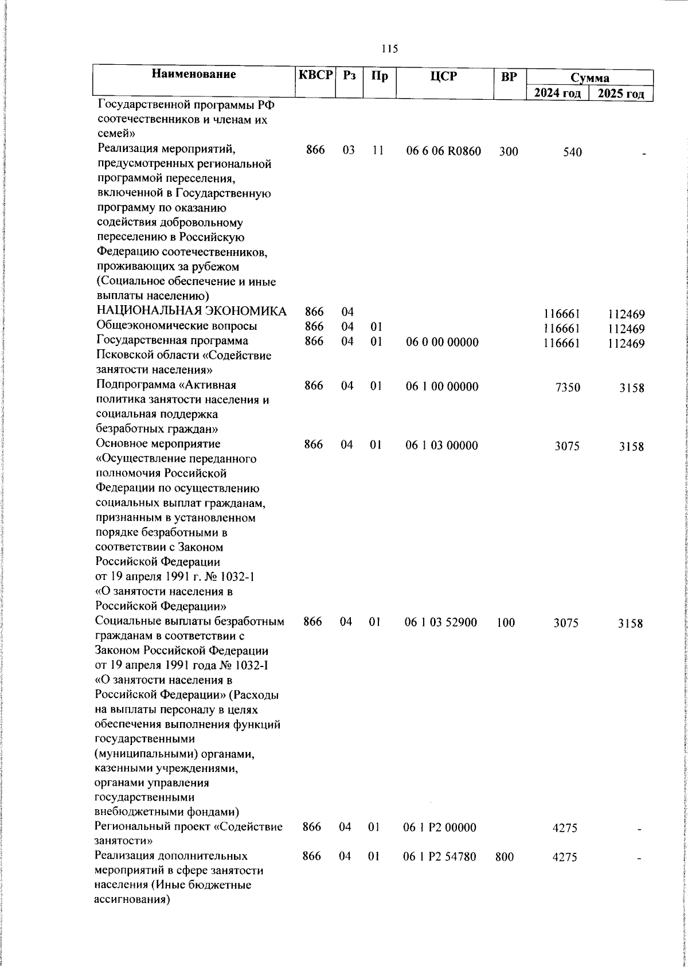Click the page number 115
[x=389, y=49]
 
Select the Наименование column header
[x=194, y=75]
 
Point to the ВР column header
[x=508, y=76]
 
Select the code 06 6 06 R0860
[x=443, y=151]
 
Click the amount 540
[x=572, y=152]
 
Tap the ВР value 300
[x=508, y=152]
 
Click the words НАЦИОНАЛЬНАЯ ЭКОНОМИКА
[x=191, y=311]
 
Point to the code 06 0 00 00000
[x=442, y=342]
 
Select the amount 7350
[x=568, y=388]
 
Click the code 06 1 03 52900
[x=441, y=622]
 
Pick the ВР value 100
[x=506, y=622]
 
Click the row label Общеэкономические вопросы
[x=177, y=326]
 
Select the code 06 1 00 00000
[x=442, y=387]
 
